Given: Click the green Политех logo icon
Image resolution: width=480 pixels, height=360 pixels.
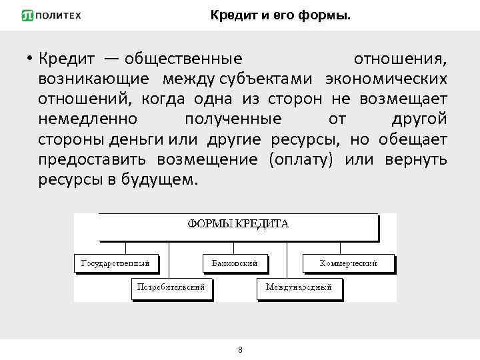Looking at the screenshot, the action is [x=27, y=15].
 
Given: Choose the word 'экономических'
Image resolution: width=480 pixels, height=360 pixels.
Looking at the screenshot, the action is [x=386, y=79].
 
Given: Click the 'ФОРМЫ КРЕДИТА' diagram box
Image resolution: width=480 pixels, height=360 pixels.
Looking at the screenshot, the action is [x=238, y=225].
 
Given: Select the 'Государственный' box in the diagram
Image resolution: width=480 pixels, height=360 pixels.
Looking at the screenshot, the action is [x=116, y=263].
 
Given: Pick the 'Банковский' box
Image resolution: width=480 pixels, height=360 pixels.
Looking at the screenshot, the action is [x=235, y=263].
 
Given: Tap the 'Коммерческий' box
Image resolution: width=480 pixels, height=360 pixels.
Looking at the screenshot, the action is [x=348, y=263].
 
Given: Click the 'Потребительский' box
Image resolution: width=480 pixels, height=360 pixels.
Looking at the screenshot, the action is [x=171, y=288].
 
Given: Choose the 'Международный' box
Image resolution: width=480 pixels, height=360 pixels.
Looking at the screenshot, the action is [x=299, y=288].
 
